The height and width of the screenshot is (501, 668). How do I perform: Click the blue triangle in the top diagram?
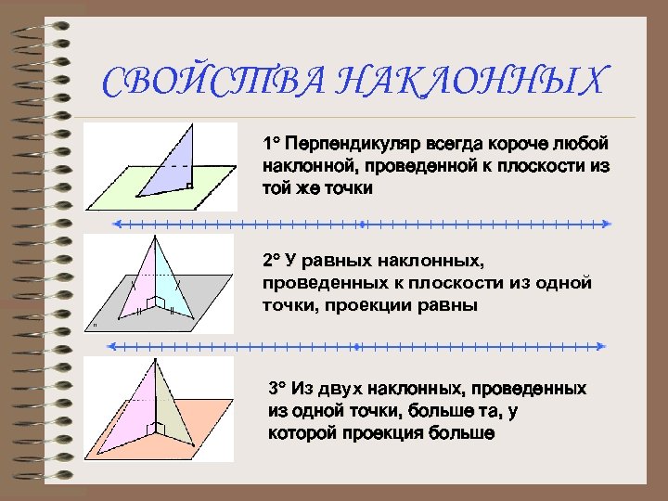pos(176,167)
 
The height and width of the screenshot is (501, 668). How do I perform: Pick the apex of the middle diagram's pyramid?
pos(150,238)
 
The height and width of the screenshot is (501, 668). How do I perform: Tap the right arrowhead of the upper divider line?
pos(607,224)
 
